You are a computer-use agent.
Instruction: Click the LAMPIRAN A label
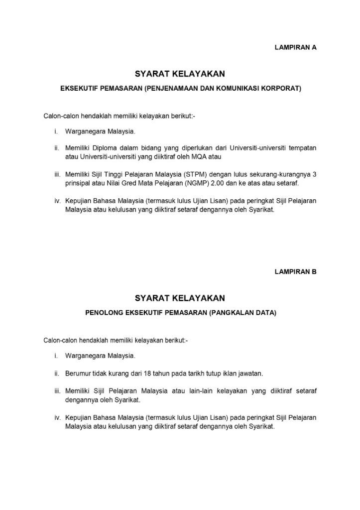pyautogui.click(x=295, y=48)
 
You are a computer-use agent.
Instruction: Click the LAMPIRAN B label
pyautogui.click(x=295, y=272)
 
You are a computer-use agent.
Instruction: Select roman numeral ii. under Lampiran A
pyautogui.click(x=57, y=148)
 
